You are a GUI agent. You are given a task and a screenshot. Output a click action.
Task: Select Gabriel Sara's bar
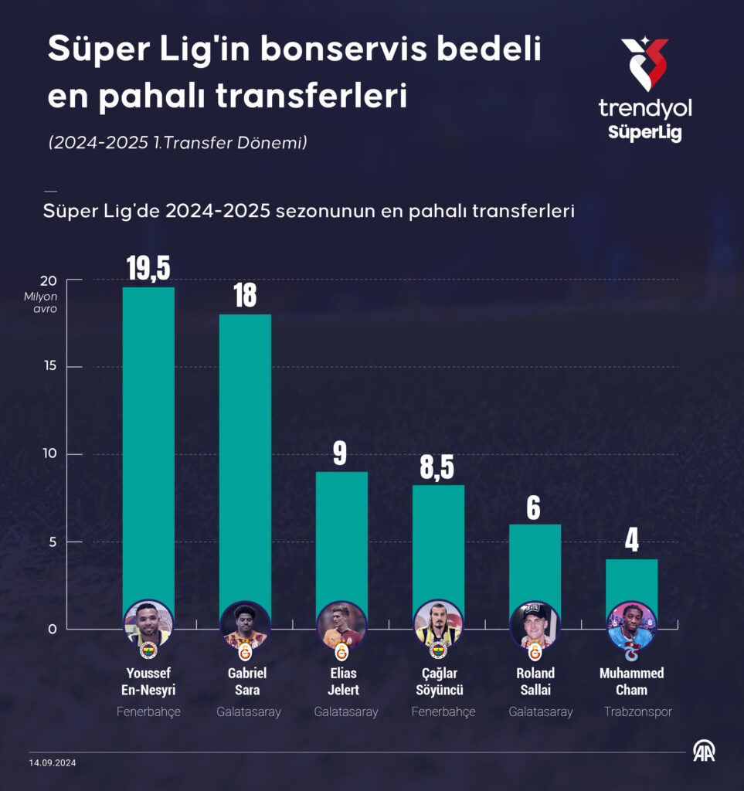click(245, 456)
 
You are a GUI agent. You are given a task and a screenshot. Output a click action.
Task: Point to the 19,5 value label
click(148, 267)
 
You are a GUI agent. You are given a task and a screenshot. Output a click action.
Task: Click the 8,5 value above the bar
click(438, 467)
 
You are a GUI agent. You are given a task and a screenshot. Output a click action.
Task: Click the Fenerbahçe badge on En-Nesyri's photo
click(148, 650)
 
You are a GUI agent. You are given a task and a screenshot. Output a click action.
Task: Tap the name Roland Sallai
click(535, 681)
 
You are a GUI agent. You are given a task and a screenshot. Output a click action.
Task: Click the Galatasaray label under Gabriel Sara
click(249, 712)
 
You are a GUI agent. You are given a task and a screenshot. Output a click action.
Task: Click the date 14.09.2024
click(53, 762)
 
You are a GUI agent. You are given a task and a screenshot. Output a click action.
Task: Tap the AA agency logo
click(703, 751)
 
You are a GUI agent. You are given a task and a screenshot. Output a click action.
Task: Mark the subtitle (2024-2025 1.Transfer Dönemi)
click(178, 143)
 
